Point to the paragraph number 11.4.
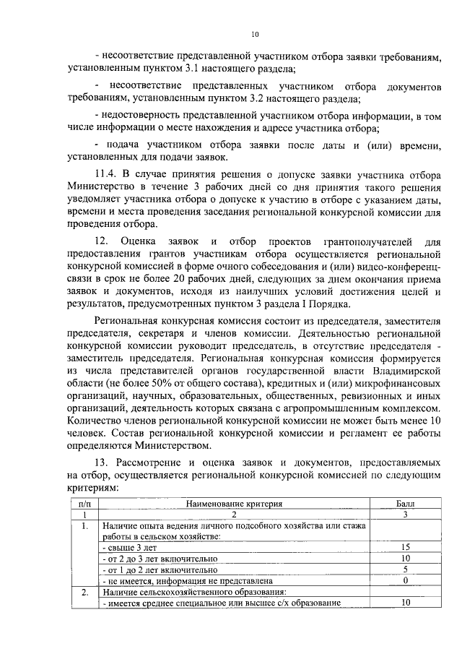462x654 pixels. (107, 173)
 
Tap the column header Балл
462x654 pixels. (406, 503)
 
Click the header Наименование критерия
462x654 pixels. (234, 503)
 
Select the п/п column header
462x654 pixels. (84, 503)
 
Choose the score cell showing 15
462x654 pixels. (406, 547)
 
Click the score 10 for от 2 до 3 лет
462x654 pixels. (406, 559)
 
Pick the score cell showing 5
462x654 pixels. (406, 569)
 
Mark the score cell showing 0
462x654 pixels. (406, 580)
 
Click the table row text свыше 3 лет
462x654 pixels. (133, 548)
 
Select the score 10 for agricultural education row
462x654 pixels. (406, 603)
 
